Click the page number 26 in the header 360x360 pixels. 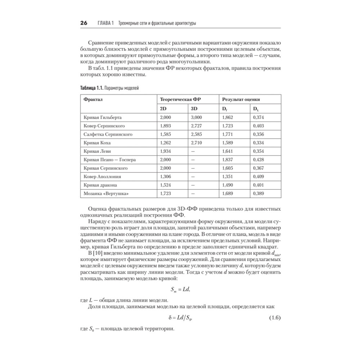84,23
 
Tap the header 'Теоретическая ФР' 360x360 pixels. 180,99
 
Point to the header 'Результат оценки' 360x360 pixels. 241,99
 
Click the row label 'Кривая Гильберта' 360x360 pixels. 103,117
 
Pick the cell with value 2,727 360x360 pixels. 196,126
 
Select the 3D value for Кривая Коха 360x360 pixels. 196,143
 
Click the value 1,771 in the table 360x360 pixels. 228,134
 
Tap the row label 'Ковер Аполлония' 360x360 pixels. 102,176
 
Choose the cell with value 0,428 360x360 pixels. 258,159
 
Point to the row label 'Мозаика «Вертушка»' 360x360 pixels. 106,193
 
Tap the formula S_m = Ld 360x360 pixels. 180,289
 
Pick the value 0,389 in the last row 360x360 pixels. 258,193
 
